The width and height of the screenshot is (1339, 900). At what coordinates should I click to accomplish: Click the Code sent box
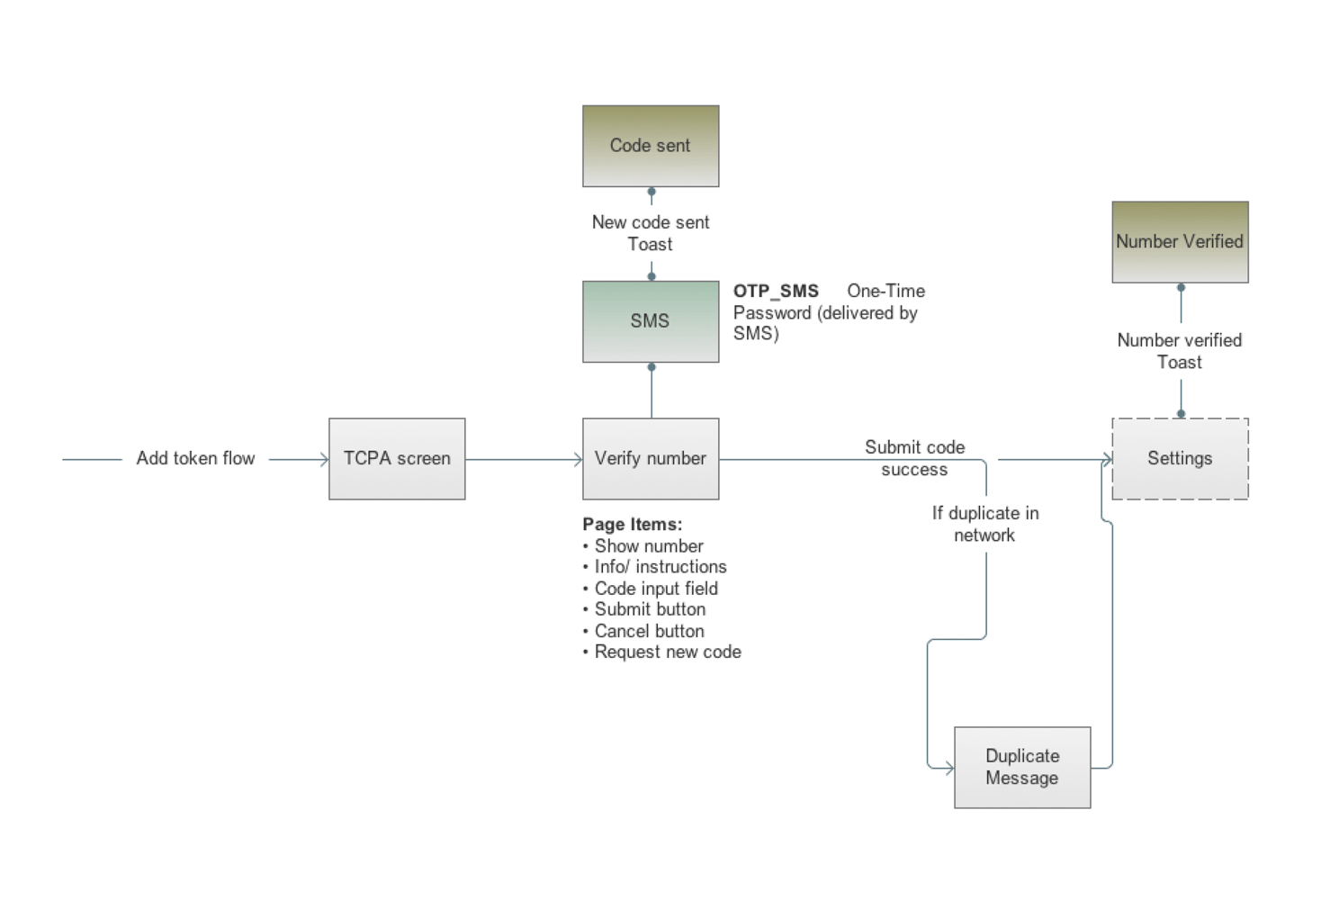650,146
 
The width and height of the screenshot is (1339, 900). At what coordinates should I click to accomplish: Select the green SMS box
650,321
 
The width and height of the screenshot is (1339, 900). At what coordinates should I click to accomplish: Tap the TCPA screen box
397,459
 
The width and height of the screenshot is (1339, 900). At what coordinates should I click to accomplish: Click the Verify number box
650,459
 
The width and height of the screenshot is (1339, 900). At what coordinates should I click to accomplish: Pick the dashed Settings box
1180,459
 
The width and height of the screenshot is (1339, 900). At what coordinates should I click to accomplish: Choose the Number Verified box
1180,242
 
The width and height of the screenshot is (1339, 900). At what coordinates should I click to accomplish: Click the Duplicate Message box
1021,768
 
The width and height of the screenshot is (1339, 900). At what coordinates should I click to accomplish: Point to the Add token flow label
195,459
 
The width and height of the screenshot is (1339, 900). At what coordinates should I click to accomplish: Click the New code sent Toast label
650,233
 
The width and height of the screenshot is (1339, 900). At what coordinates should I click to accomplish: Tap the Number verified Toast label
1180,351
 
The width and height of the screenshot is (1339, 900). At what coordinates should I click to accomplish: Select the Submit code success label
914,458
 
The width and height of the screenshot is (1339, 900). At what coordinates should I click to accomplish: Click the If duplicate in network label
985,524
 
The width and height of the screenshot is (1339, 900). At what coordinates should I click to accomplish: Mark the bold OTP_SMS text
776,292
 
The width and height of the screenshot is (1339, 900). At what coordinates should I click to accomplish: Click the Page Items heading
633,525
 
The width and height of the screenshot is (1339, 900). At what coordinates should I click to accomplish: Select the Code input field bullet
656,589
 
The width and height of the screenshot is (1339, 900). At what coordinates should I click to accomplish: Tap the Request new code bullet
668,652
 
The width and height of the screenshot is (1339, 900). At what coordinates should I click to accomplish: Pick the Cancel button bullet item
649,631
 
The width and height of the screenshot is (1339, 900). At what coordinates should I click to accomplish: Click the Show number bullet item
649,546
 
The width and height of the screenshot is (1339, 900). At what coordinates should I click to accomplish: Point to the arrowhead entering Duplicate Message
948,769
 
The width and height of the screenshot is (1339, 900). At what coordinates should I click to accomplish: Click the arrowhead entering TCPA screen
324,460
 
